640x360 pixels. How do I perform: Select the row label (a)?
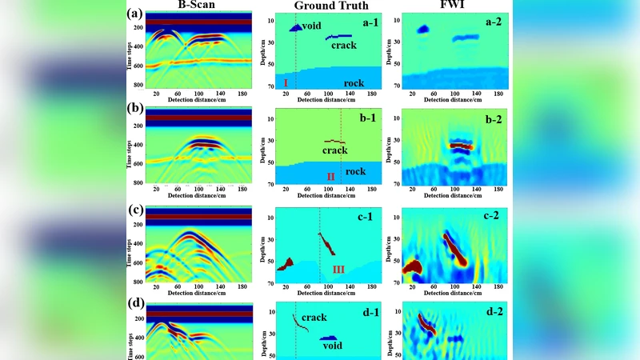click(136, 14)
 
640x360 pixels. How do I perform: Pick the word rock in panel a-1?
click(354, 83)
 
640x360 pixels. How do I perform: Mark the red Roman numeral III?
click(338, 270)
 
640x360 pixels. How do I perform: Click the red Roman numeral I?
click(285, 83)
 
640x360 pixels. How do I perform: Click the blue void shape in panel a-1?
click(295, 28)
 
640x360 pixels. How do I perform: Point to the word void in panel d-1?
click(332, 346)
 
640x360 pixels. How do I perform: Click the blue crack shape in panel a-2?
click(465, 38)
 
